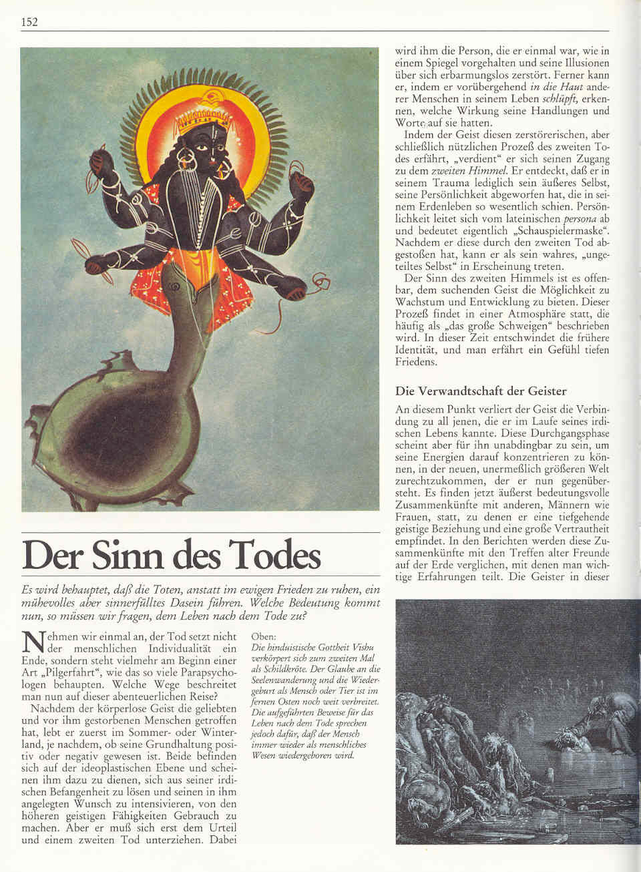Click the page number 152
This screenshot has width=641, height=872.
tap(29, 22)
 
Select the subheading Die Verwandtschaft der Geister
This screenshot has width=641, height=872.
tap(481, 391)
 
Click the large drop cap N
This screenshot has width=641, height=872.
tap(33, 642)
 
